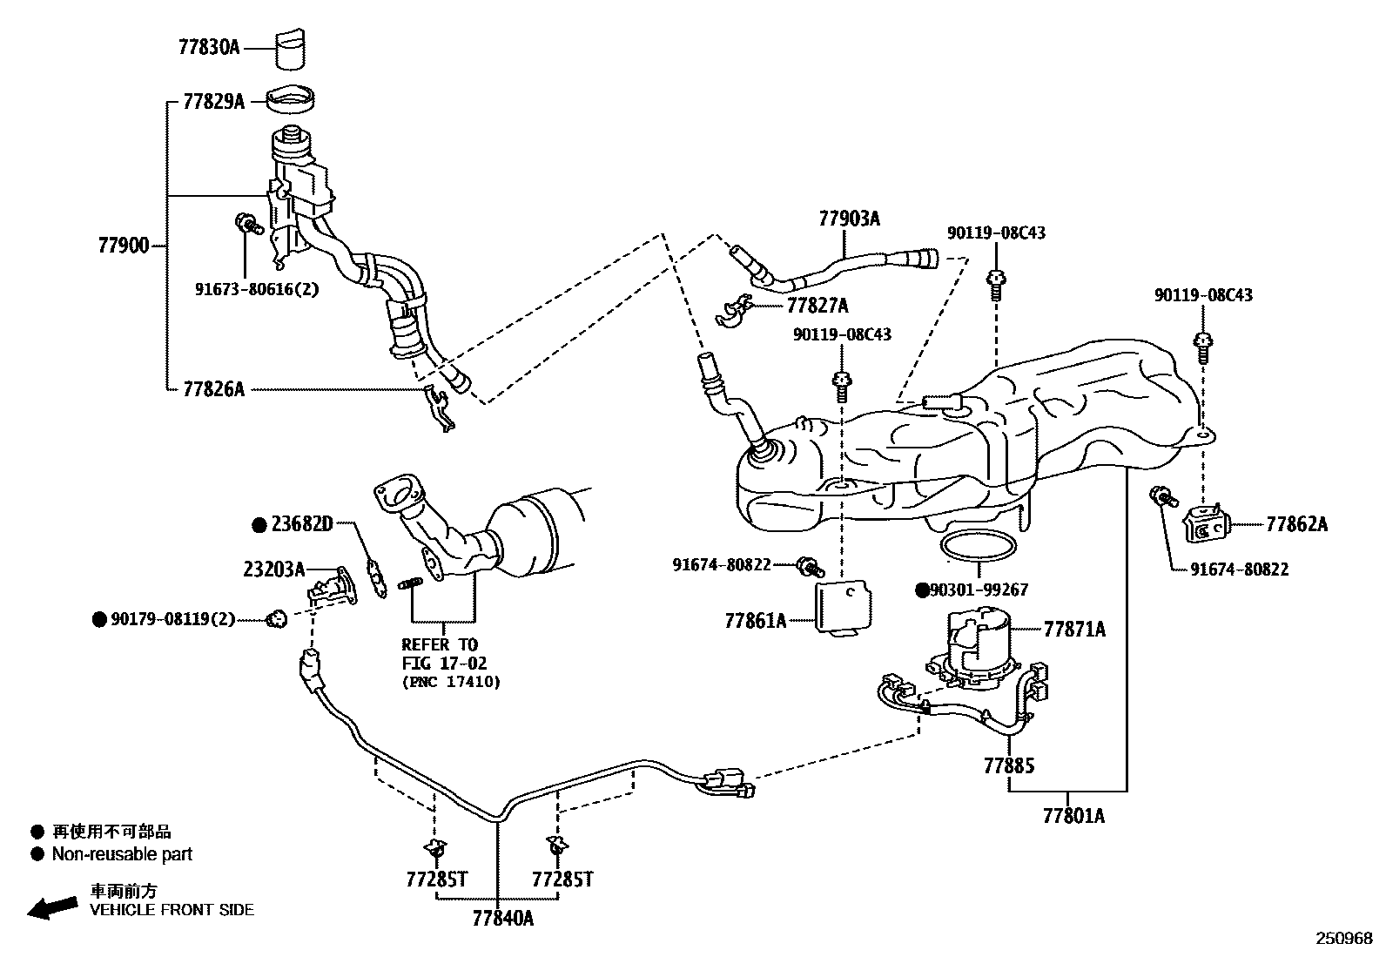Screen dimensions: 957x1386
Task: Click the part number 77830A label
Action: click(208, 47)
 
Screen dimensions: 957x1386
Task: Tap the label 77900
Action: click(124, 246)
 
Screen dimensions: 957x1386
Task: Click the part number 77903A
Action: click(849, 219)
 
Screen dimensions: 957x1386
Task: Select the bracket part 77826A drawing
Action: click(439, 408)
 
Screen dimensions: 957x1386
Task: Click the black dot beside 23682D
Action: click(259, 525)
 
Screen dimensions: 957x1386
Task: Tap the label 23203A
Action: click(273, 569)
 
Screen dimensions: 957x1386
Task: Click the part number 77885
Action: click(1009, 766)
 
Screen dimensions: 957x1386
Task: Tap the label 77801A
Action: click(1073, 816)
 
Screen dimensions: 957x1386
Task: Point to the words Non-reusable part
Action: click(122, 854)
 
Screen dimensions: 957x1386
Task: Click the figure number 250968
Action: click(1343, 939)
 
